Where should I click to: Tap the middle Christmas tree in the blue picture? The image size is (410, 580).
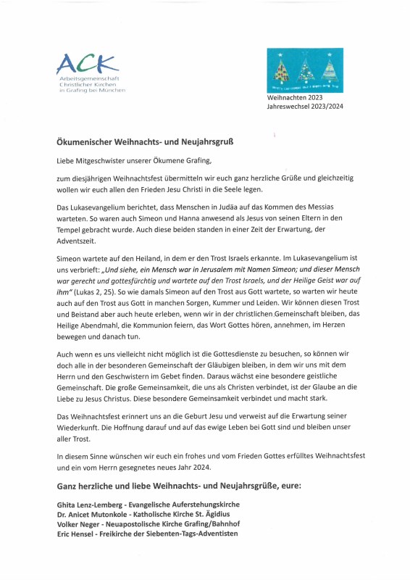click(305, 71)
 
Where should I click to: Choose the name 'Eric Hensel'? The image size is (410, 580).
click(76, 534)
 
